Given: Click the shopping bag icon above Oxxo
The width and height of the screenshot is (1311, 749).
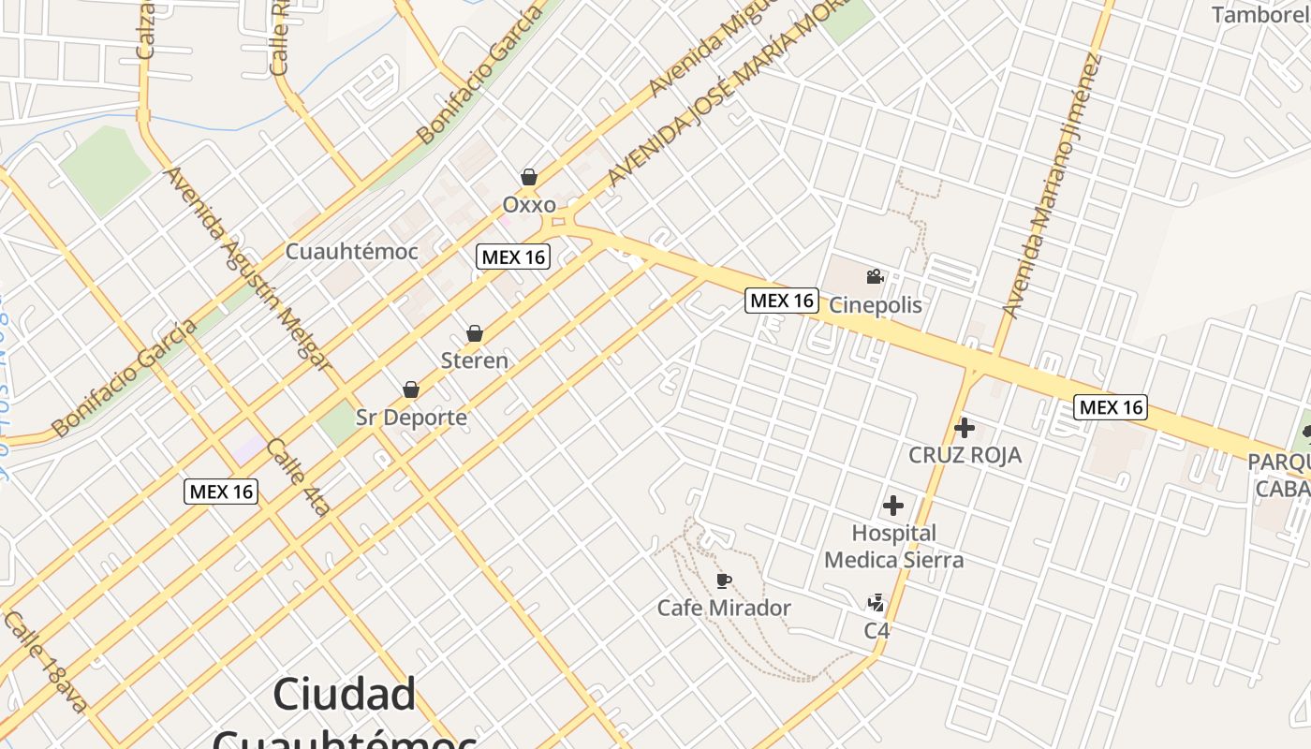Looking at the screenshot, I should pyautogui.click(x=529, y=177).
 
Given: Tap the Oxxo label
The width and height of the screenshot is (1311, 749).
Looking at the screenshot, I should pyautogui.click(x=529, y=204).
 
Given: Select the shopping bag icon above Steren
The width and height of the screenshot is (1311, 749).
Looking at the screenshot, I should pyautogui.click(x=475, y=333).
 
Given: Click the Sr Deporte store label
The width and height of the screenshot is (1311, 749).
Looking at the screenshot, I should pyautogui.click(x=411, y=417).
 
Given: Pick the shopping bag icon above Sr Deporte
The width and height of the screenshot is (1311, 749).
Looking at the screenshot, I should pyautogui.click(x=410, y=389).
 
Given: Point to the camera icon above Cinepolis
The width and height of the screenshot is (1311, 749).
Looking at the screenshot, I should pyautogui.click(x=875, y=277).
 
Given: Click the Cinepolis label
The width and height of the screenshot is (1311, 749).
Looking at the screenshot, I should pyautogui.click(x=876, y=305).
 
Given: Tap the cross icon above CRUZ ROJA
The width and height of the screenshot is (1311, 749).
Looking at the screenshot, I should pyautogui.click(x=965, y=429).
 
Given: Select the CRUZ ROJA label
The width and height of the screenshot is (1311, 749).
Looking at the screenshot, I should pyautogui.click(x=965, y=455).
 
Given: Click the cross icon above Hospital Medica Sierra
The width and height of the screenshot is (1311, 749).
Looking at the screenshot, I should pyautogui.click(x=893, y=507).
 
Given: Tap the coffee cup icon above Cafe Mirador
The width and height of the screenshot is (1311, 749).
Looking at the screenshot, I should pyautogui.click(x=723, y=581).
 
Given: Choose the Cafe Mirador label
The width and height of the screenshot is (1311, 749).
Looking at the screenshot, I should pyautogui.click(x=724, y=608).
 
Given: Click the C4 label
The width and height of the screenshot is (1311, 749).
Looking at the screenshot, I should pyautogui.click(x=876, y=630).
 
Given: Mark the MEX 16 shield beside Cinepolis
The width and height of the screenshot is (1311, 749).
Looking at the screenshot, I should pyautogui.click(x=782, y=301).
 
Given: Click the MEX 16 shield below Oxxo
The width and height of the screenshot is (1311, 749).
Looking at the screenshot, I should pyautogui.click(x=513, y=257).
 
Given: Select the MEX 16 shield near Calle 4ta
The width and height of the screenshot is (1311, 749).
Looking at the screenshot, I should pyautogui.click(x=221, y=492).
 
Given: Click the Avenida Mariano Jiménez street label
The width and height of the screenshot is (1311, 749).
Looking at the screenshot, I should pyautogui.click(x=1051, y=187).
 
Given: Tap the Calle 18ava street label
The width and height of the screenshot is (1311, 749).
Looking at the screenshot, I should pyautogui.click(x=45, y=662).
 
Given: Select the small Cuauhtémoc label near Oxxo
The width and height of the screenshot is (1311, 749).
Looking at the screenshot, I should pyautogui.click(x=351, y=252).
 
